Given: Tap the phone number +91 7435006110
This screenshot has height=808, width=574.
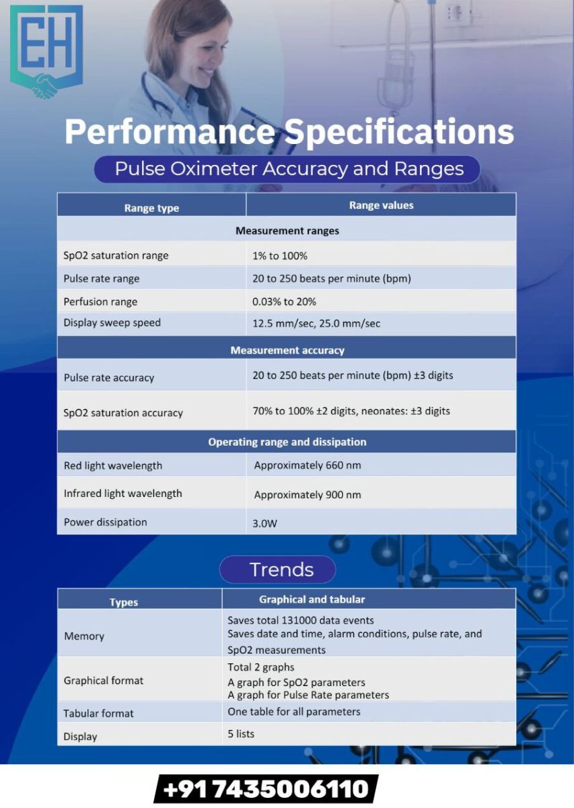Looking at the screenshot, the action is pos(266,789).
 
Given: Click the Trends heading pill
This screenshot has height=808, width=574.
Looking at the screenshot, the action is pos(278,570).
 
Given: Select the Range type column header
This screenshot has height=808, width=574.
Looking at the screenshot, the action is pos(151,208).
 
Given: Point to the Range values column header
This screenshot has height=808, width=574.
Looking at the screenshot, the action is pos(381,205).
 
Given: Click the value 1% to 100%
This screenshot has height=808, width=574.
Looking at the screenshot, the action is pos(280,256).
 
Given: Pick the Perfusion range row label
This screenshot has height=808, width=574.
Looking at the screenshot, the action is pos(100,302).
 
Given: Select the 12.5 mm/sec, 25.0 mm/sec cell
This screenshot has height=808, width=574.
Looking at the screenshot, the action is pos(316,323).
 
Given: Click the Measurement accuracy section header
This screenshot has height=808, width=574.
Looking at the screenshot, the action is pos(287,350).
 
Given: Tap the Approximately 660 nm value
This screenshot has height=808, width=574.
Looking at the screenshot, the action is pos(308,465).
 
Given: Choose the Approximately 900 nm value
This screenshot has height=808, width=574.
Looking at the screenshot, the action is pos(308,494).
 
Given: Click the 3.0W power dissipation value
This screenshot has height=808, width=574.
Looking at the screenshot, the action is pos(264,523).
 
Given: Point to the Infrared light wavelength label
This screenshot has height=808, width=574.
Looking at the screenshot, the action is pos(122,494).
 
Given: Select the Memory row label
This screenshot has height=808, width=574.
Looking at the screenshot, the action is pos(84,636).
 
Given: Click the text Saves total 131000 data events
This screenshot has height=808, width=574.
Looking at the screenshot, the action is pos(300,620).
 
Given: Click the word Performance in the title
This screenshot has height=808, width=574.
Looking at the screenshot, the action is pos(170,132).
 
